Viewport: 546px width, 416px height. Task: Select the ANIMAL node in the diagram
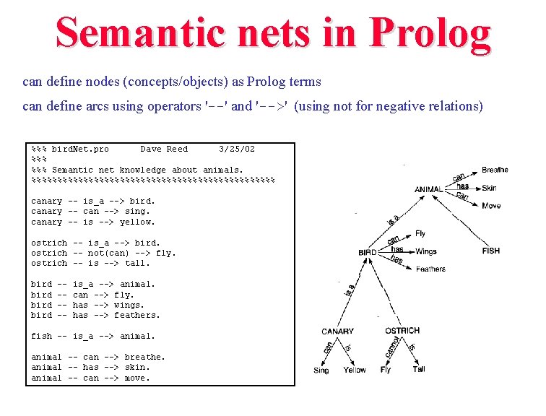[x=429, y=190]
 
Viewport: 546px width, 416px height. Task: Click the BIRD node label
[x=368, y=253]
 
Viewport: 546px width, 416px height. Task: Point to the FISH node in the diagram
[x=491, y=251]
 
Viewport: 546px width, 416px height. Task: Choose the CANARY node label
[x=338, y=331]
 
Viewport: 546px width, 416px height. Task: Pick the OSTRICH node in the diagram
[x=402, y=331]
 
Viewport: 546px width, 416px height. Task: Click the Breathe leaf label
[x=495, y=170]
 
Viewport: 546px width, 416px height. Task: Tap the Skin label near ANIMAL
[x=489, y=188]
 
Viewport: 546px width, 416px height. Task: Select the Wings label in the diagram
[x=426, y=251]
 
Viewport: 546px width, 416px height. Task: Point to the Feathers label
[x=430, y=269]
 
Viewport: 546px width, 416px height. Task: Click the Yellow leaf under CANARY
[x=355, y=370]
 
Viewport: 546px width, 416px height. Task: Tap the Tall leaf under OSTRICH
[x=419, y=369]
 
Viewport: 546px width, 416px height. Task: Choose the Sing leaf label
[x=321, y=370]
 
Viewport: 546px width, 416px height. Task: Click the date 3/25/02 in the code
[x=237, y=149]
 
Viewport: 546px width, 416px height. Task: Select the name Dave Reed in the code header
[x=164, y=149]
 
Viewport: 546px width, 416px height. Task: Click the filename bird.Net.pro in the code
[x=80, y=149]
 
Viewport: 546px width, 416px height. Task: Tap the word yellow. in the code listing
[x=137, y=222]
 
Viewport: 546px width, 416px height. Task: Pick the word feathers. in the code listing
[x=137, y=315]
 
